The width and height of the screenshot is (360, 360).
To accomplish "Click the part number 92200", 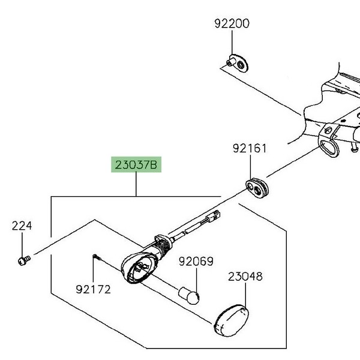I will click(232, 25).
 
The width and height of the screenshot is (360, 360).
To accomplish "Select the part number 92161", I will click(250, 148).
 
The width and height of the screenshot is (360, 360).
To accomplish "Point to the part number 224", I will click(22, 226).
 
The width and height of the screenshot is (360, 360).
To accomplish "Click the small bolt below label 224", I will click(23, 260).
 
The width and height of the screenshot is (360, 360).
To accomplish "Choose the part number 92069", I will click(196, 262).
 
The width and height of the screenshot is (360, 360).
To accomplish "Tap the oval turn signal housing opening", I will click(137, 266).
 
